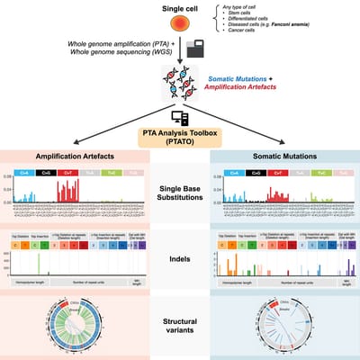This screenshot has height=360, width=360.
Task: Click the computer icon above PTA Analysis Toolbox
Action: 179,116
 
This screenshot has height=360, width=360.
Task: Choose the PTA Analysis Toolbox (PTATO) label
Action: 179,136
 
